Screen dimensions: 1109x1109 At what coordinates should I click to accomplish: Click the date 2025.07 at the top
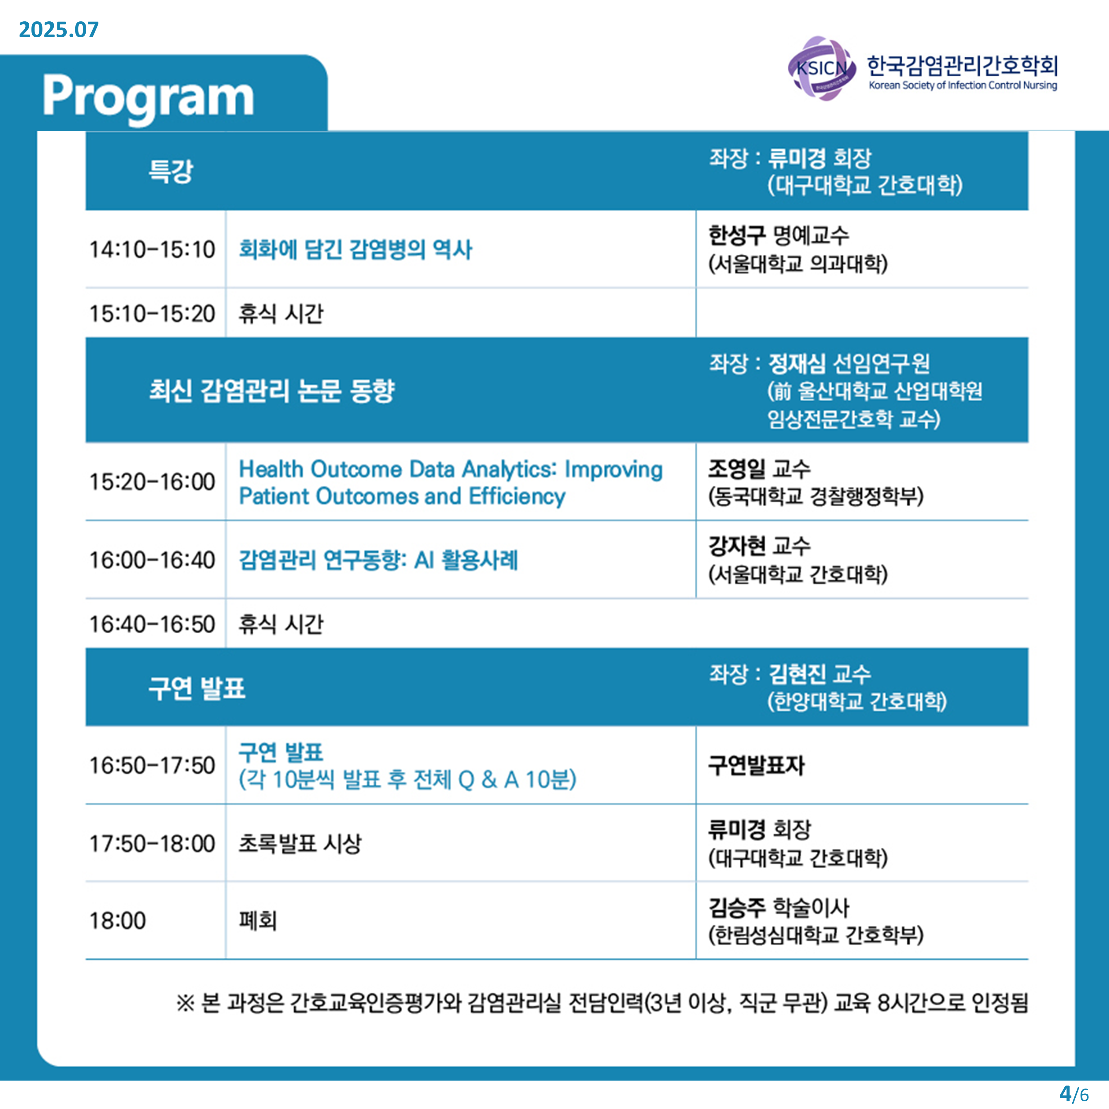pos(59,29)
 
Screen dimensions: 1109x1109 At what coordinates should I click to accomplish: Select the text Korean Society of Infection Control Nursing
pos(963,86)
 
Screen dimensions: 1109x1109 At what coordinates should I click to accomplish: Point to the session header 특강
pos(171,171)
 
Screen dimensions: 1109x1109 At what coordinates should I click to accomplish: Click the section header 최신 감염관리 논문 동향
pos(271,391)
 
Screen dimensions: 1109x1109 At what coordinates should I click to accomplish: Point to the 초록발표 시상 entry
pos(300,844)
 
